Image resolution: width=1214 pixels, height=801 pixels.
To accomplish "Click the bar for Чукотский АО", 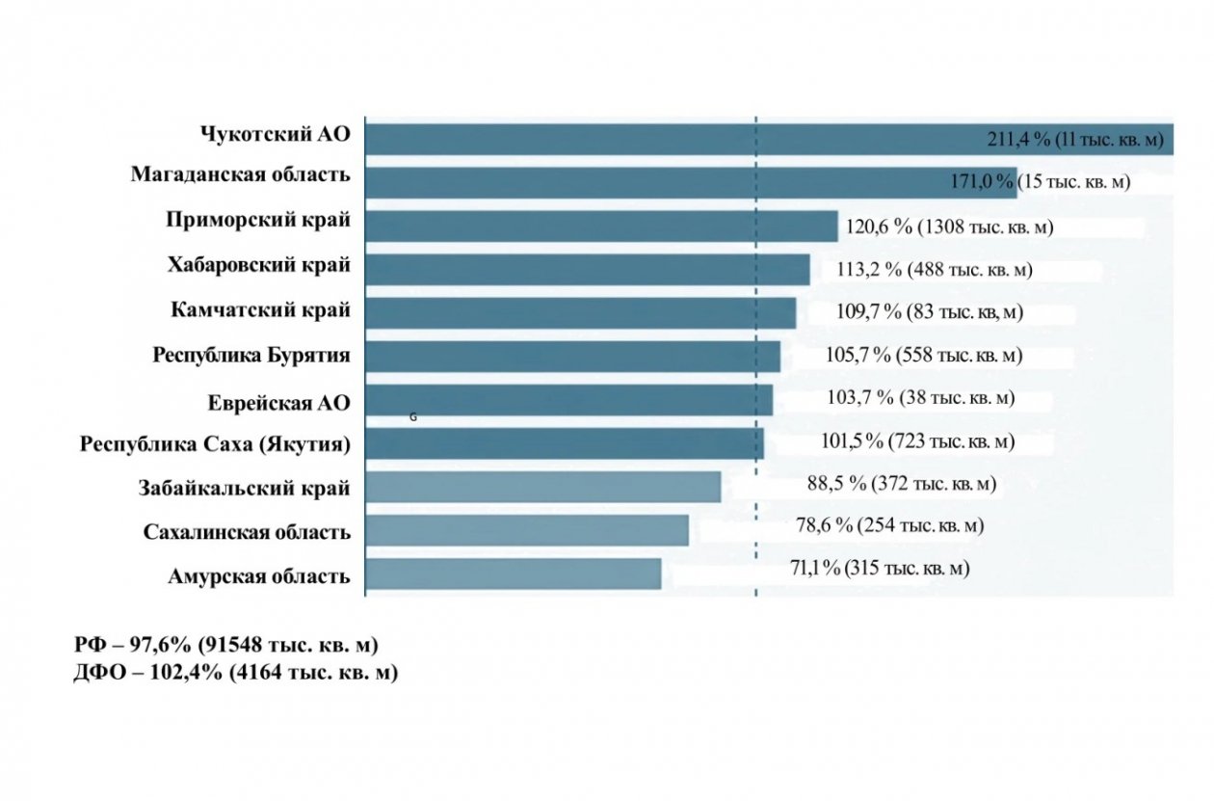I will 674,139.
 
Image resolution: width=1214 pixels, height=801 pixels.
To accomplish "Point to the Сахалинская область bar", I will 526,530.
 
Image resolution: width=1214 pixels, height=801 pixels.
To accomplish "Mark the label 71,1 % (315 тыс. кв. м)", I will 880,568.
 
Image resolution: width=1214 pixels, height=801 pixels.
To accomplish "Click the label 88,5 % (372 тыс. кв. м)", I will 901,483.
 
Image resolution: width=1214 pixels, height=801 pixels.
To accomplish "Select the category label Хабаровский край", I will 258,264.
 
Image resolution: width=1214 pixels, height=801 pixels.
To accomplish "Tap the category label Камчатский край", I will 260,310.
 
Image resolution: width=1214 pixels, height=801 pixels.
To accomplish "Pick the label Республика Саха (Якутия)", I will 215,444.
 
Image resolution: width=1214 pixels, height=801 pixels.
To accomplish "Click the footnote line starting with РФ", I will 225,645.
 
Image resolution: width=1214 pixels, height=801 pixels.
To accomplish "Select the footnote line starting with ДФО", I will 235,672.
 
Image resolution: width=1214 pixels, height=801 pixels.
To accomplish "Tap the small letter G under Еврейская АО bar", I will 413,418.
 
